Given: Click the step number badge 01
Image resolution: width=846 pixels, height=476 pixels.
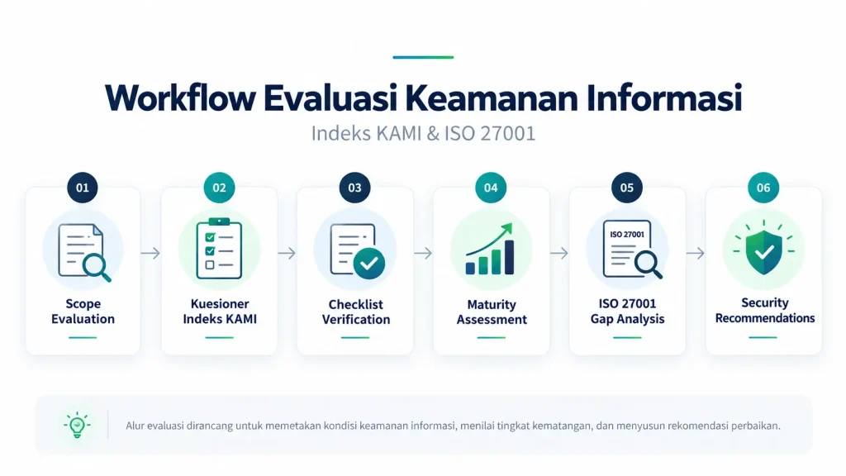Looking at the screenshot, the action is pyautogui.click(x=82, y=188).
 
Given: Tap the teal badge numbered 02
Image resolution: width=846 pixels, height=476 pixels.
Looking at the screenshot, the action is pyautogui.click(x=219, y=188).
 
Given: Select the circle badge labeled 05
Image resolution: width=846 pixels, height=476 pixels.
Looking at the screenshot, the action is pyautogui.click(x=626, y=188).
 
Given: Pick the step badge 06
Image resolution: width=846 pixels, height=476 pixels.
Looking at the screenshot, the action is pyautogui.click(x=763, y=188).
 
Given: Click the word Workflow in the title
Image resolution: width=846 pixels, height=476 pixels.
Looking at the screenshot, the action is pyautogui.click(x=180, y=98).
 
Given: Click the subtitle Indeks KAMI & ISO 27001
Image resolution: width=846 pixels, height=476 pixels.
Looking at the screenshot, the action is pyautogui.click(x=423, y=133).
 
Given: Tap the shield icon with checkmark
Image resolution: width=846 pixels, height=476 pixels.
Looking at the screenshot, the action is pyautogui.click(x=763, y=250).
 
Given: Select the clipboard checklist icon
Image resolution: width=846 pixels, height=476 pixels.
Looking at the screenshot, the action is pyautogui.click(x=219, y=249).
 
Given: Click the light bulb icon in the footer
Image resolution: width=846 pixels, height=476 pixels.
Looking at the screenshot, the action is pyautogui.click(x=77, y=426).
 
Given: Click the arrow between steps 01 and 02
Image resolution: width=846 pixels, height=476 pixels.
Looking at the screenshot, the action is pyautogui.click(x=150, y=253).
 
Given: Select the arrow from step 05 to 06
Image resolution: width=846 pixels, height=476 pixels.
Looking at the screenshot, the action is pyautogui.click(x=696, y=253).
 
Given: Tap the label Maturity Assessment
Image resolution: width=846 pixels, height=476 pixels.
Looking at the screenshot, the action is pyautogui.click(x=492, y=312).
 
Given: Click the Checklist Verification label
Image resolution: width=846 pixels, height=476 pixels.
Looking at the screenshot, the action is pyautogui.click(x=356, y=312).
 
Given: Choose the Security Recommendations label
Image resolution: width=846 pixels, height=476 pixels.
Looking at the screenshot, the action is pyautogui.click(x=764, y=311).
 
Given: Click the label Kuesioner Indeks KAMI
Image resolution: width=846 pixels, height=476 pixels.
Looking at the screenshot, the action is pyautogui.click(x=220, y=312).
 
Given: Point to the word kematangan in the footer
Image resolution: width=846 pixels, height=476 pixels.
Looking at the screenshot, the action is pyautogui.click(x=562, y=426).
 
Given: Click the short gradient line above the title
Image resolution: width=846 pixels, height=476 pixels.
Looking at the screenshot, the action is pyautogui.click(x=423, y=57).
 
